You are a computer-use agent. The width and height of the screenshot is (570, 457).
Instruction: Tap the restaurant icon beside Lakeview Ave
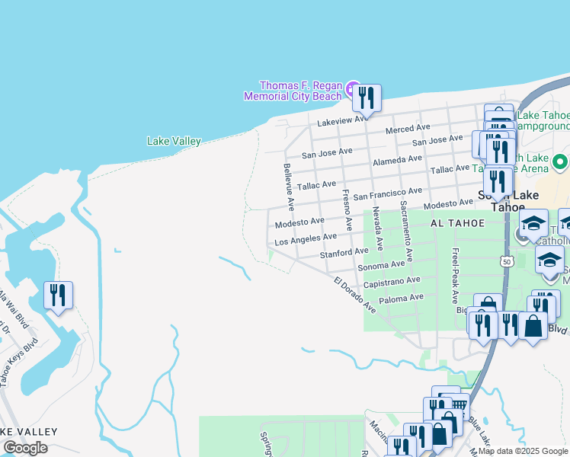pos(367,98)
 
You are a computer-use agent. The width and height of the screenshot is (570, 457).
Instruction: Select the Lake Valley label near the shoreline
pos(174,141)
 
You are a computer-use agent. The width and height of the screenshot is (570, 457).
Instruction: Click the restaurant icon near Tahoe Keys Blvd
pos(59,294)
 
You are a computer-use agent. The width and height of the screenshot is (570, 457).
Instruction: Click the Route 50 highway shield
pos(506,261)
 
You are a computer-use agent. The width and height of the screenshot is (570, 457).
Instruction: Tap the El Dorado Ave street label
pos(354,295)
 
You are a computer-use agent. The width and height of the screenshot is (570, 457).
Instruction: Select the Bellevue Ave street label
pos(289,187)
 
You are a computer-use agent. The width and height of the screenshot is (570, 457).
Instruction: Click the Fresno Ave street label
pos(347,210)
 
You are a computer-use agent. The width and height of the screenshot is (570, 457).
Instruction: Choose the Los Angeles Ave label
pos(305,239)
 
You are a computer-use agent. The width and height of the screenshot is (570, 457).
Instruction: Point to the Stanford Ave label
pos(344,252)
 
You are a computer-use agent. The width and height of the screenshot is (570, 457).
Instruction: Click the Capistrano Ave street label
pos(392,281)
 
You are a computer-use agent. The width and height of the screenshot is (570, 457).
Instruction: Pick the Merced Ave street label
pos(408,129)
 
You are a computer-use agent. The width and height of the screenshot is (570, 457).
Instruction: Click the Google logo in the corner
pos(25,448)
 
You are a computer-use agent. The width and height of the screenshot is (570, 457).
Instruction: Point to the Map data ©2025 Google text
pos(522,451)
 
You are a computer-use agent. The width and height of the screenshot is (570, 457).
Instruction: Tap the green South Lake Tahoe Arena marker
pos(560,161)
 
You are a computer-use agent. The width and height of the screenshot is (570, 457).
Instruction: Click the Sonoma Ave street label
pos(382,264)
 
